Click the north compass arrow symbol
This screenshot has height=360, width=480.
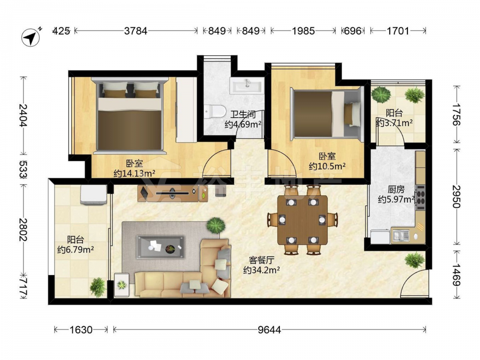click(x=31, y=37)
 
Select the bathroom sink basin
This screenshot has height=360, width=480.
click(x=247, y=84)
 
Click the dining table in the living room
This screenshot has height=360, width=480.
click(x=302, y=219)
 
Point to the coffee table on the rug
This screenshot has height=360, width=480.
click(x=161, y=246)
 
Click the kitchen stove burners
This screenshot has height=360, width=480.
click(x=420, y=197)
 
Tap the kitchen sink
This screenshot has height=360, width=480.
click(x=401, y=235)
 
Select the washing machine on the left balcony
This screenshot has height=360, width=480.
click(x=94, y=194)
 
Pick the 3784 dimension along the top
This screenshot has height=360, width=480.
click(x=136, y=31)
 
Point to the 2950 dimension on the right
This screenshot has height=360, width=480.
click(x=457, y=196)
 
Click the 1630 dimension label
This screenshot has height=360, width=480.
click(x=81, y=330)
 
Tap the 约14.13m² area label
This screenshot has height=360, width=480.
click(x=134, y=174)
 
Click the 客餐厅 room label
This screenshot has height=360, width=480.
click(x=262, y=260)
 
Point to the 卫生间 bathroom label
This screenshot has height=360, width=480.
click(x=243, y=115)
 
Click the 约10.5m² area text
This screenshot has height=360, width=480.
click(x=327, y=166)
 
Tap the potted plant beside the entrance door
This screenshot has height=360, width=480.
click(x=415, y=260)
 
